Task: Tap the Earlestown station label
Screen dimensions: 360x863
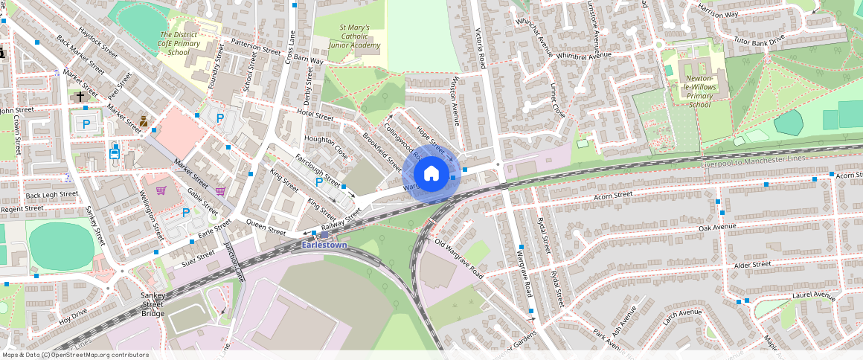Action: [324, 245]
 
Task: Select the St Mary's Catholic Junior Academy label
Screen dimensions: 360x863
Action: [360, 36]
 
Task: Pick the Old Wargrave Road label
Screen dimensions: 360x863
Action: [459, 260]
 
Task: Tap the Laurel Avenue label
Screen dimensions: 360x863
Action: [814, 295]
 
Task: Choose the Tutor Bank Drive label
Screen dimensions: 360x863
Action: [759, 40]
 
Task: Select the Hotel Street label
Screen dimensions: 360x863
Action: [315, 116]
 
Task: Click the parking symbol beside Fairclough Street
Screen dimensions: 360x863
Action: [319, 182]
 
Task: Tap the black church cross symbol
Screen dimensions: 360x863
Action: [80, 97]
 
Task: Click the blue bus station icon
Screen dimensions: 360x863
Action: [115, 152]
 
